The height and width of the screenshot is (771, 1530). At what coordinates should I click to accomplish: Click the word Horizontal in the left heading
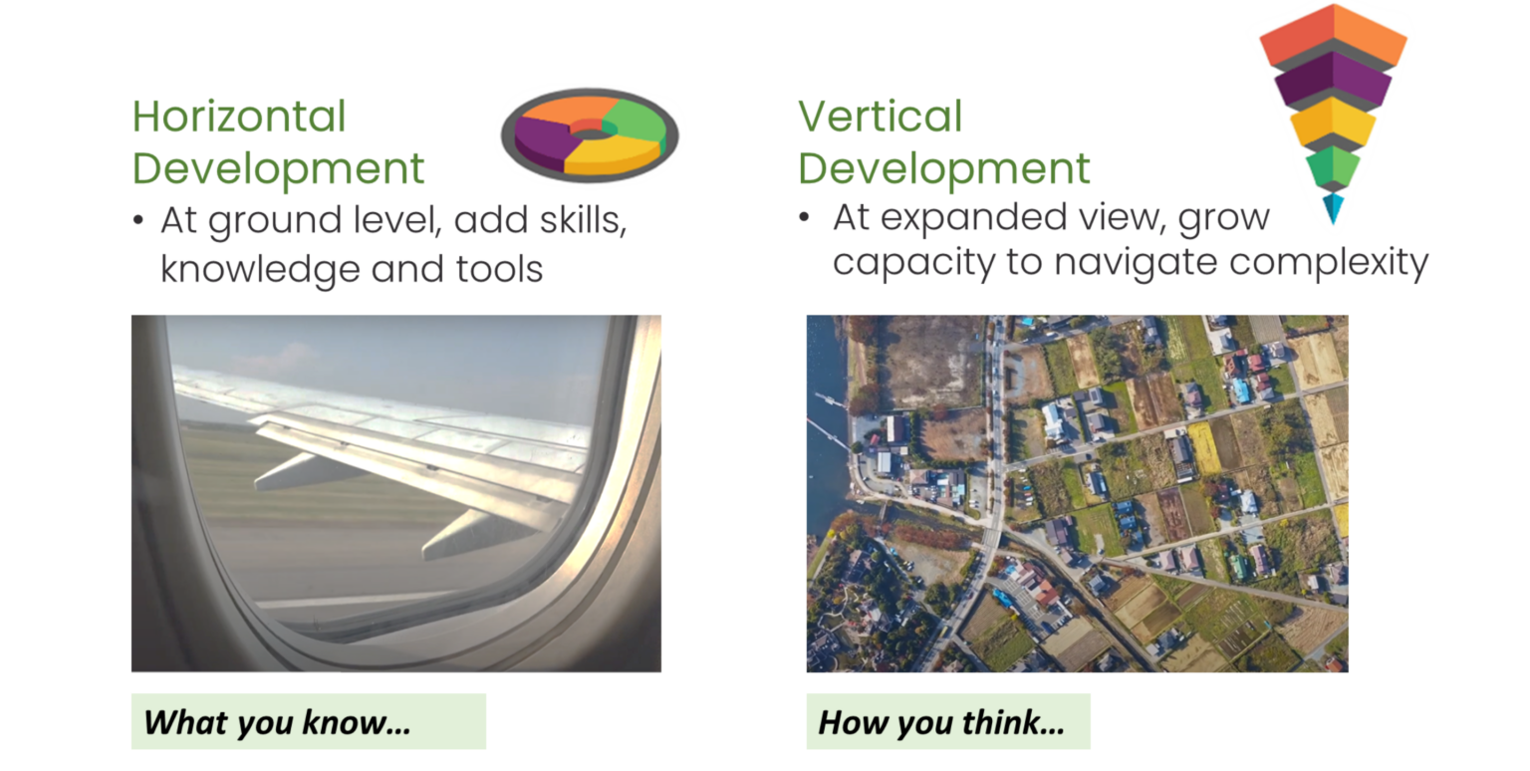coord(239,117)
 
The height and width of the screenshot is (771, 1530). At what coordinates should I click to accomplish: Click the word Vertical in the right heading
coord(880,117)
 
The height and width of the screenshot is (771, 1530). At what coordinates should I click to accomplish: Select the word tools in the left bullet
coord(498,268)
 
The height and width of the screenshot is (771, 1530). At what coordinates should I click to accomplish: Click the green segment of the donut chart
coord(638,121)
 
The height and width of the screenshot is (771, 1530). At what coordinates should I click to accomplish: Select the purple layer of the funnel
coord(1333,81)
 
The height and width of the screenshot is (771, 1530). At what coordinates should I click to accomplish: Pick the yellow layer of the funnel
coord(1333,124)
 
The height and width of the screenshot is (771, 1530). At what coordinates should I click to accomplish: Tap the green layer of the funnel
coord(1333,166)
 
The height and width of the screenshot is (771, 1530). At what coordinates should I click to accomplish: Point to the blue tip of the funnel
coord(1333,206)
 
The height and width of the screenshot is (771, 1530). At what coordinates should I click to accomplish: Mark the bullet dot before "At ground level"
coord(138,220)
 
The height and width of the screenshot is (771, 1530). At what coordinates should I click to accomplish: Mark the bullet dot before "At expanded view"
coord(805,216)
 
